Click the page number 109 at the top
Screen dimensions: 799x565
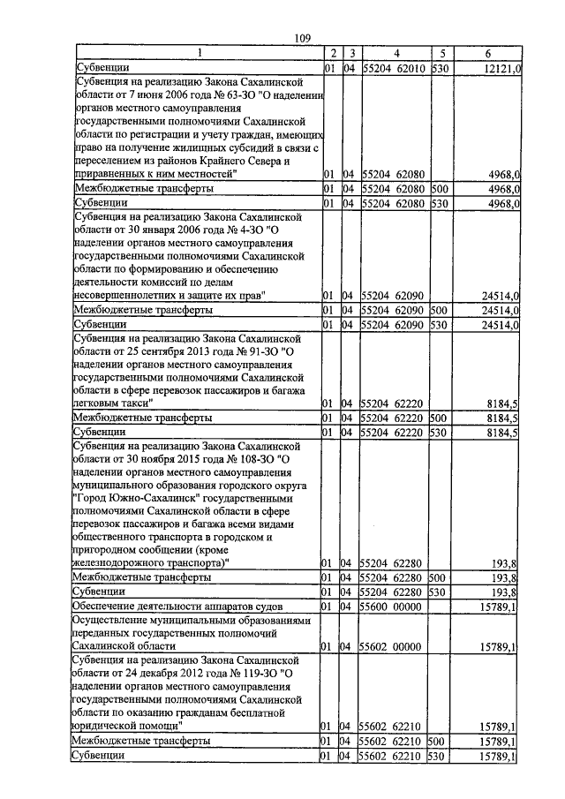pos(301,36)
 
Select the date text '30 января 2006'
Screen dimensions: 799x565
pos(159,230)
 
